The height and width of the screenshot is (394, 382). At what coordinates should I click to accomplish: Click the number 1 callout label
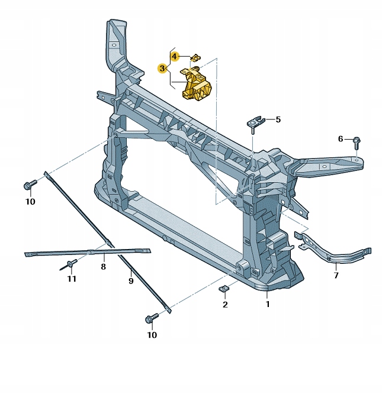pos(267,305)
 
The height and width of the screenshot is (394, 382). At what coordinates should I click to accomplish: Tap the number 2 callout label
pos(225,305)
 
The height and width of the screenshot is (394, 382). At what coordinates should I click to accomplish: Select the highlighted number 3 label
pos(162,69)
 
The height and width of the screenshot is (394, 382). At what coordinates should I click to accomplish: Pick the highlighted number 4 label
pos(174,56)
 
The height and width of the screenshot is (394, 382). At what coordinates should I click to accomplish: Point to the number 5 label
pos(278,120)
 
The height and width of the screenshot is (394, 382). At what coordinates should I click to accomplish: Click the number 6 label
pos(341,138)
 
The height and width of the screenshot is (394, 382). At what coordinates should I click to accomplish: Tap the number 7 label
pos(336,276)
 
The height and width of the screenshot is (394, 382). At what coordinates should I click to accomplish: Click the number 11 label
pos(72,279)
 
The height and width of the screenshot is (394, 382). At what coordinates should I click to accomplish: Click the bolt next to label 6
pos(357,143)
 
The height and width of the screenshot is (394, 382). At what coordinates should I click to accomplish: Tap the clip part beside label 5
pos(255,123)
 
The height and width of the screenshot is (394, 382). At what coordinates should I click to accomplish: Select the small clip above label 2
pos(224,289)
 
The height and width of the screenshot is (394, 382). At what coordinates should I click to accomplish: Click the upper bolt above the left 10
pos(29,186)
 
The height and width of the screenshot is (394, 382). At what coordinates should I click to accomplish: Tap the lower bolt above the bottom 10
pos(150,319)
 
